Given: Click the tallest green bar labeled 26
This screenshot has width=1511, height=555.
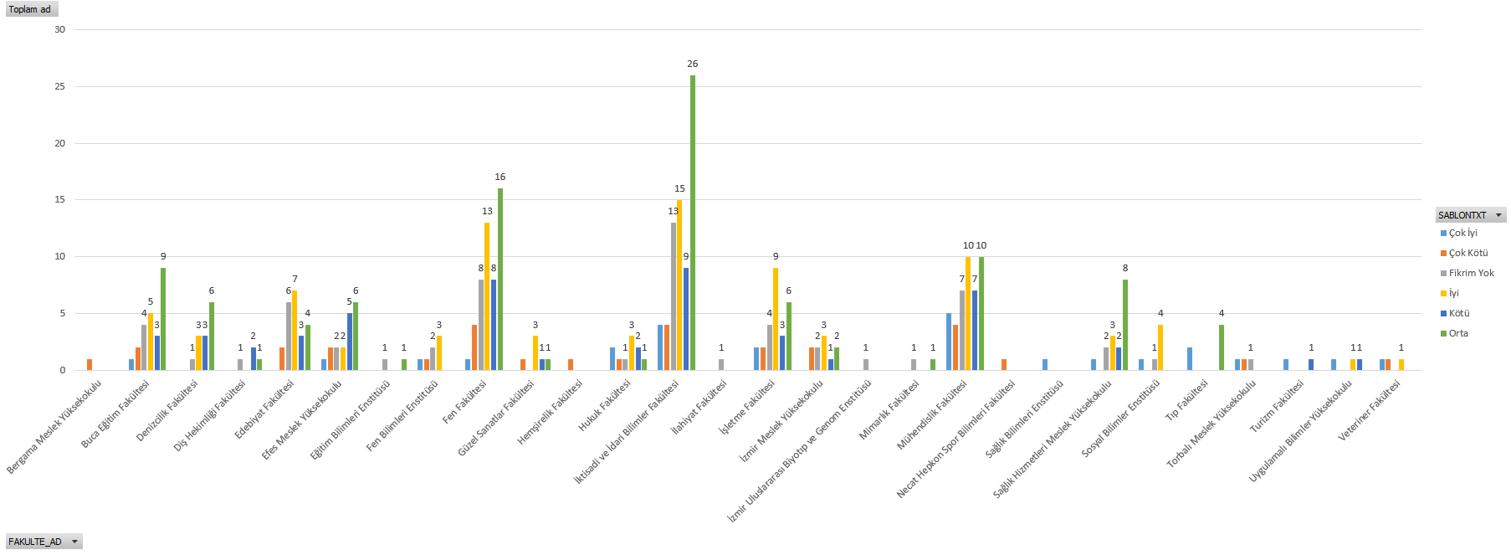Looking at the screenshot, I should (x=693, y=222).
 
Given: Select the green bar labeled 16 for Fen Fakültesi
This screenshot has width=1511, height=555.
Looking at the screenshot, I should (x=500, y=279).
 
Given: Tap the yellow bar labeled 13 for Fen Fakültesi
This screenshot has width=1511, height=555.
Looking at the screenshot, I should (x=487, y=295).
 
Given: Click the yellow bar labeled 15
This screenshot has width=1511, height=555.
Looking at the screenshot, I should (x=679, y=285).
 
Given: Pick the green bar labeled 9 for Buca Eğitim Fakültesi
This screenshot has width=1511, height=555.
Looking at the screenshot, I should (x=163, y=318).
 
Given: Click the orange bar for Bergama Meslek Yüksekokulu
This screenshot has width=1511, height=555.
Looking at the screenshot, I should (x=90, y=364).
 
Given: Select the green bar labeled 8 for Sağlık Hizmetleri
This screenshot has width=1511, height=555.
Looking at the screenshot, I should (x=1125, y=324).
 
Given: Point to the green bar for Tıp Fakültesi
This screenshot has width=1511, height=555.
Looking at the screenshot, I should (x=1222, y=347).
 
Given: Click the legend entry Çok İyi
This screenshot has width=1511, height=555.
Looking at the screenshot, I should (x=1462, y=233).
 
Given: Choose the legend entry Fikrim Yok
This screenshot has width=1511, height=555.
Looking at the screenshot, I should (x=1471, y=273).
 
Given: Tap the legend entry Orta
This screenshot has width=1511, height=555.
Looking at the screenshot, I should (x=1458, y=333).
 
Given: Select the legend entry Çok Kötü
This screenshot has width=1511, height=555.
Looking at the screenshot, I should (x=1467, y=253).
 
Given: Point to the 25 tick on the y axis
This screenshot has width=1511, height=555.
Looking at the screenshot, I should (x=60, y=86).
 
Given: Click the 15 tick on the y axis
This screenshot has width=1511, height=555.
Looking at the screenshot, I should (x=60, y=199).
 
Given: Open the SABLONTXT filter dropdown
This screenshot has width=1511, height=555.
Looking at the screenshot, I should (x=1498, y=215).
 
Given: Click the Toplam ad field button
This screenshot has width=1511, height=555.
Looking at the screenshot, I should (x=31, y=9).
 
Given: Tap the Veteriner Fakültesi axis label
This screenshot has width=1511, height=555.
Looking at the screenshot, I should (x=1370, y=410).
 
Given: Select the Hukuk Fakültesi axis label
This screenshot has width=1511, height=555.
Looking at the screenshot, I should (x=605, y=406).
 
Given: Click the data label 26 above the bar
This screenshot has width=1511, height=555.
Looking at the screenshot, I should (x=693, y=64).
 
